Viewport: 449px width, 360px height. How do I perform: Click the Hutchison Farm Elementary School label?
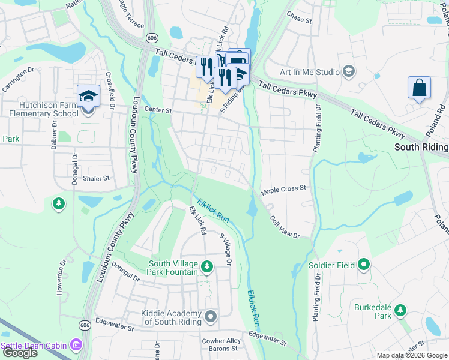tap(41, 109)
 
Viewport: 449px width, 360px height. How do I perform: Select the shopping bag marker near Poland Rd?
tap(419, 88)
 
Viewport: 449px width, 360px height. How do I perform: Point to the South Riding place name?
tap(421, 147)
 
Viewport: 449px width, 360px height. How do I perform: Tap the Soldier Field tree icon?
tap(363, 264)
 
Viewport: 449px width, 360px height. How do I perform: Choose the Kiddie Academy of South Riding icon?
tap(210, 316)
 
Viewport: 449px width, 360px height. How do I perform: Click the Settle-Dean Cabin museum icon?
tap(76, 345)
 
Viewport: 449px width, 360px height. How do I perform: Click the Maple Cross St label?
tap(283, 188)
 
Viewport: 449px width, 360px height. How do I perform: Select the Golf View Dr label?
tap(284, 227)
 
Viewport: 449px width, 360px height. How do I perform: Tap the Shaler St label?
tap(97, 178)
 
